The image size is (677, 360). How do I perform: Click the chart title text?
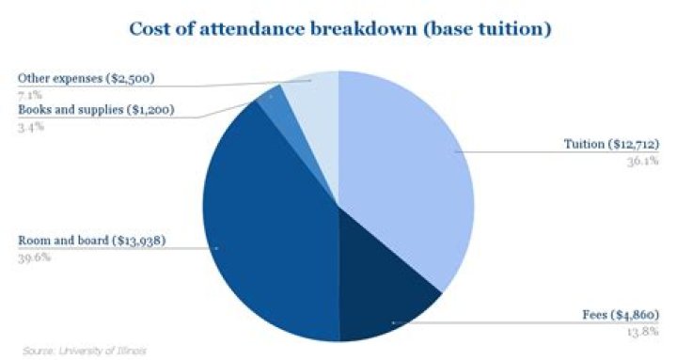(x=338, y=29)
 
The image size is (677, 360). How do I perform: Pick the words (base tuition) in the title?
(x=490, y=29)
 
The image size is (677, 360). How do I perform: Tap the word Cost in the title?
(x=148, y=29)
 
